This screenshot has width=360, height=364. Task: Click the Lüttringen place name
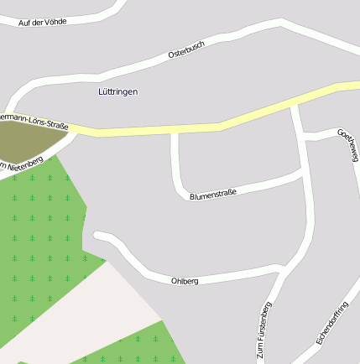tap(117, 91)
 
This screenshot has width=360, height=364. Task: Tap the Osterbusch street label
tap(185, 52)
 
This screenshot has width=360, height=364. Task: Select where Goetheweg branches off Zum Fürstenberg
tap(302, 135)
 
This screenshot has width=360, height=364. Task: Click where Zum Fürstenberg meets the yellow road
tap(295, 107)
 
